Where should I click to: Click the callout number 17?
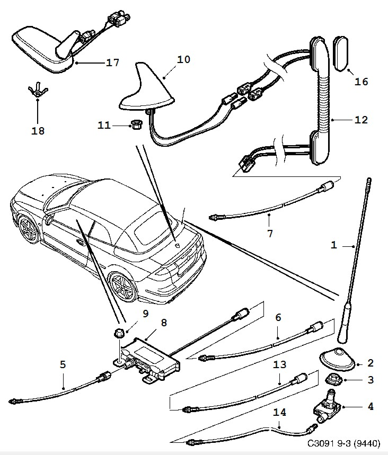112,63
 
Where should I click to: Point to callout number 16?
361,82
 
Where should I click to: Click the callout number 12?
361,120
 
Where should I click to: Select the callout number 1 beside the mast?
334,245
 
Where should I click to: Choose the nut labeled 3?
333,379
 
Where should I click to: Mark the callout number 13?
280,364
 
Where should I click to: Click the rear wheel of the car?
123,289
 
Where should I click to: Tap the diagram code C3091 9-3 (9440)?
343,443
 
